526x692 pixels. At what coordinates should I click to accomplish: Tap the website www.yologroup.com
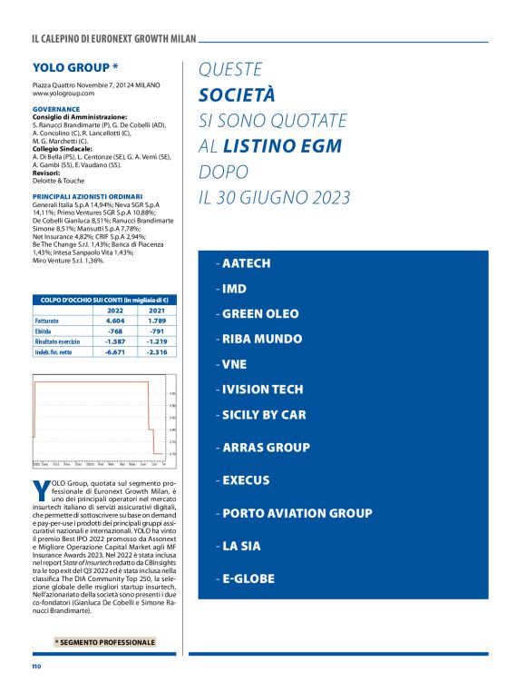click(x=63, y=94)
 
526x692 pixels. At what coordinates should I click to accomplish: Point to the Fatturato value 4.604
click(x=115, y=321)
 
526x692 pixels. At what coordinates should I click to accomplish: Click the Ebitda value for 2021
click(x=155, y=331)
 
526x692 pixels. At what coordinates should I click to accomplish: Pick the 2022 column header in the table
click(x=115, y=310)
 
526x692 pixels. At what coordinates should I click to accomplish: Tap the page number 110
click(x=37, y=667)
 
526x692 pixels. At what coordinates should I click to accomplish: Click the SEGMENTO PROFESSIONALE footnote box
click(x=104, y=642)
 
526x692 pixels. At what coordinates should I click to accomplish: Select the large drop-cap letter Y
click(x=39, y=491)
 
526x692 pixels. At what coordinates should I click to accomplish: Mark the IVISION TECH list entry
click(x=262, y=389)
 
